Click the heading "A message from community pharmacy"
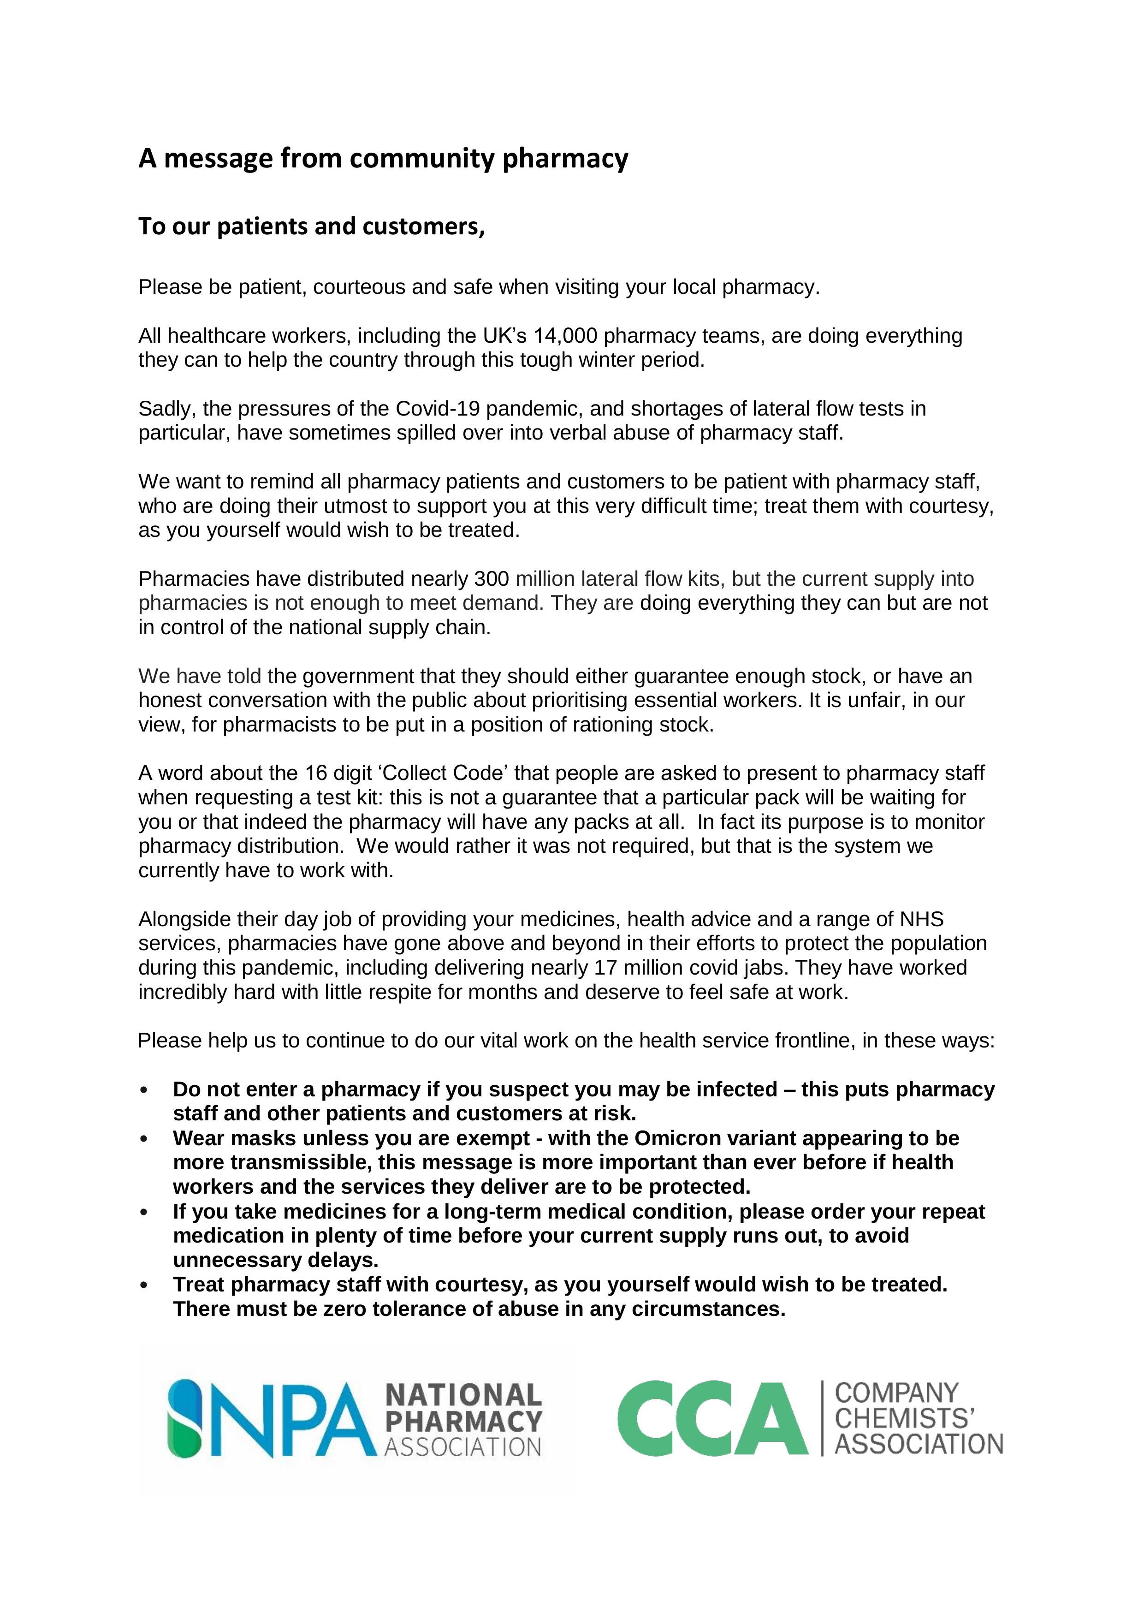tap(383, 159)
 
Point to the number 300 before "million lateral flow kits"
tap(492, 579)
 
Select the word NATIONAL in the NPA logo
tap(463, 1395)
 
